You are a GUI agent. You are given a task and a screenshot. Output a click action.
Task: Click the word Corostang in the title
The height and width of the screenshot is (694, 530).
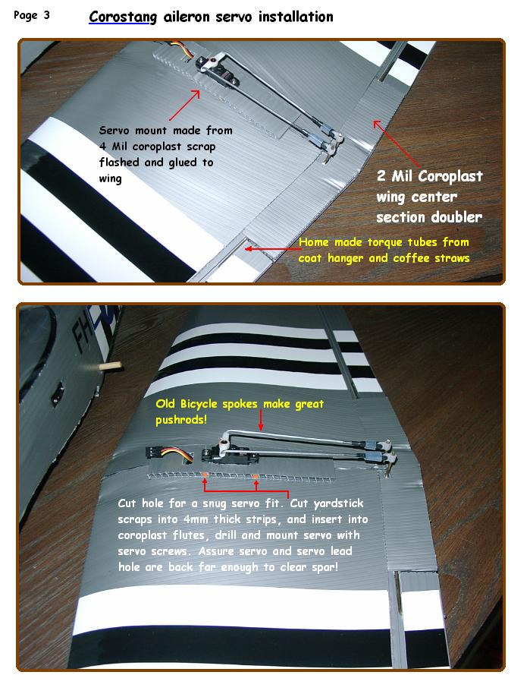[123, 17]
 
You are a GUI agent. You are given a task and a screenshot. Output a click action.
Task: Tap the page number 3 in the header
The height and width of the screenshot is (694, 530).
[46, 15]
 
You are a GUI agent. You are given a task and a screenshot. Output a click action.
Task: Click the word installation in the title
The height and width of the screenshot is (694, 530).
[296, 17]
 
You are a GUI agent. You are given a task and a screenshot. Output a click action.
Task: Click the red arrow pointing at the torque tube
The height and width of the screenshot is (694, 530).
[273, 249]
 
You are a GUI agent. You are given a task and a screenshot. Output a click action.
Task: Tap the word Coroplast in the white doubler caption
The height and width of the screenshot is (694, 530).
[450, 177]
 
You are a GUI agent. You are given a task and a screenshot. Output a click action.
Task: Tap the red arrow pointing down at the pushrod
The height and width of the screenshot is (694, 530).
[261, 420]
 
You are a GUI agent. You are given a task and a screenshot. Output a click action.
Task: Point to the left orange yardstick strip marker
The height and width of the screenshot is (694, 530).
[205, 475]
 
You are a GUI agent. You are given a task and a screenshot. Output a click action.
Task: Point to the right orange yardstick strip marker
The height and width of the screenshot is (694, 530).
[256, 476]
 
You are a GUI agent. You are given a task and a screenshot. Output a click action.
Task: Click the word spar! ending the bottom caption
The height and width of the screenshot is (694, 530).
[325, 567]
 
